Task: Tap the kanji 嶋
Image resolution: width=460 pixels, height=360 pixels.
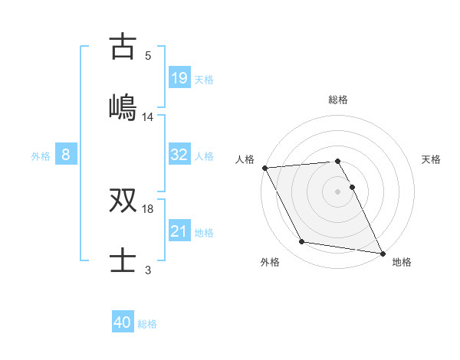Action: tap(123, 105)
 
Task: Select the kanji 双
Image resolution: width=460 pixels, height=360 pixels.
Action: tap(123, 201)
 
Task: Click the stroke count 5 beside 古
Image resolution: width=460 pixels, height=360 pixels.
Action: tap(148, 56)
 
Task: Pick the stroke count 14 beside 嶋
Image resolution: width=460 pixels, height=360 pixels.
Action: tap(148, 117)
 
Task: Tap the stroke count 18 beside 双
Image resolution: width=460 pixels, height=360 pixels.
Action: tap(148, 208)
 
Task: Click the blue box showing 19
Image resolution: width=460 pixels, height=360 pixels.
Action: tap(179, 78)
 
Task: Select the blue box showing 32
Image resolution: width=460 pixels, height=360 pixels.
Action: tap(179, 155)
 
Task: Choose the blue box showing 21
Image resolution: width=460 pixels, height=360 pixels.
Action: tap(179, 231)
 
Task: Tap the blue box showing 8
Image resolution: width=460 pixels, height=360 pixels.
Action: tap(66, 155)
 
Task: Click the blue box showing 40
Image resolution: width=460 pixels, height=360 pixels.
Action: tap(123, 322)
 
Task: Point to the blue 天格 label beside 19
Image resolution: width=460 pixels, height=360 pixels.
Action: tap(204, 79)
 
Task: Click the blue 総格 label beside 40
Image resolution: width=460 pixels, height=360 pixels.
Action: tap(147, 323)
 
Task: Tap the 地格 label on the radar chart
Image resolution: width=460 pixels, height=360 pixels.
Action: tap(402, 262)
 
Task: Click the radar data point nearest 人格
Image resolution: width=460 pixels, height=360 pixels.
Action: tap(265, 168)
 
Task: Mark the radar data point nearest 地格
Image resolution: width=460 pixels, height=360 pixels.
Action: tap(382, 253)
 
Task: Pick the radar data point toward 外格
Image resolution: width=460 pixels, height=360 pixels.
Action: tap(302, 242)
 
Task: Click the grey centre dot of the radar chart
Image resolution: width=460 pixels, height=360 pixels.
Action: tap(338, 191)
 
